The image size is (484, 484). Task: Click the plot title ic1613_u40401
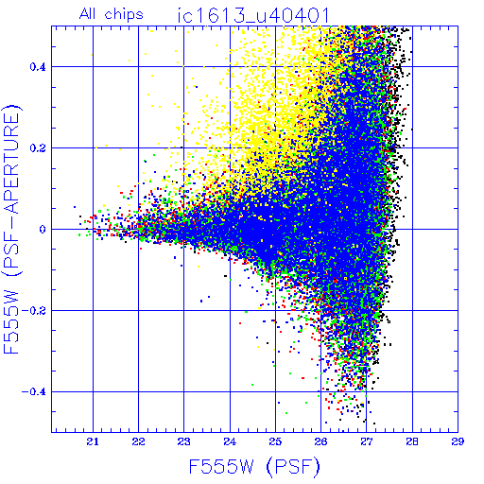coord(253,15)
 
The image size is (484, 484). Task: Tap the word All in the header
coord(89,14)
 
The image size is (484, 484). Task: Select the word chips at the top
coord(124,15)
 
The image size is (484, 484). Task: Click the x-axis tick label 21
coord(93,441)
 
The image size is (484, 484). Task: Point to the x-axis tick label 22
coord(138,441)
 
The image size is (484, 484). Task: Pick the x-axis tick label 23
coord(183,441)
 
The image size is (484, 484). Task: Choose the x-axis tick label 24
coord(230,441)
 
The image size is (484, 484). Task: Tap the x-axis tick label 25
coord(275,441)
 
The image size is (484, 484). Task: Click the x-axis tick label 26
coord(320,441)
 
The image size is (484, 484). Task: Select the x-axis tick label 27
coord(367,441)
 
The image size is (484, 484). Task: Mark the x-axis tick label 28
coord(412,441)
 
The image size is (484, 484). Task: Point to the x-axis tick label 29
coord(458,441)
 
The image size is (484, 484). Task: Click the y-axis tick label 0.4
coord(38,67)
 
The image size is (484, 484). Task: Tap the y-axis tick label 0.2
coord(38,148)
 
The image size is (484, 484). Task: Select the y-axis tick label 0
coord(43,230)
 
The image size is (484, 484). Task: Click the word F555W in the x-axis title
coord(221,467)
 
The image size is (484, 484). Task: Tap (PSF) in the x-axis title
coord(293,467)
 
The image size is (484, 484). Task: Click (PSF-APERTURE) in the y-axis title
coord(12,190)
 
